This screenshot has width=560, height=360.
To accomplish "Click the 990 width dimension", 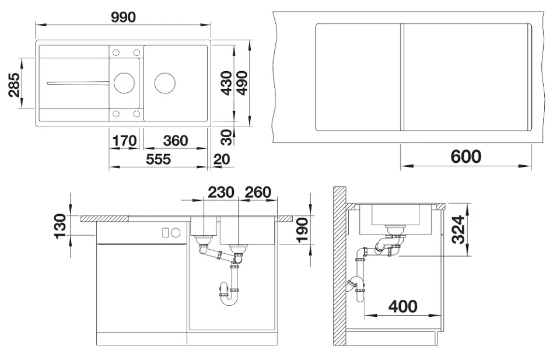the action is tap(123, 17).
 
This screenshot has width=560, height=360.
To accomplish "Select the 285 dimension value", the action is tap(14, 85).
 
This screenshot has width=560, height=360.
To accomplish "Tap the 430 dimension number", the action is tap(226, 83).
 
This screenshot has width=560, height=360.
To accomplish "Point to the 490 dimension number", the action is tap(242, 83).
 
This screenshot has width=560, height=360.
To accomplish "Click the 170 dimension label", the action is tap(124, 141).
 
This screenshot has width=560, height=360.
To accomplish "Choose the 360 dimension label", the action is tap(176, 141).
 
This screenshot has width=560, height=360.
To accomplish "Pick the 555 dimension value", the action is tap(158, 159).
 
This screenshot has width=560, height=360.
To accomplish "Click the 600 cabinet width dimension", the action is tap(466, 156).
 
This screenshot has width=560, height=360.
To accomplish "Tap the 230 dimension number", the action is tap(221, 192).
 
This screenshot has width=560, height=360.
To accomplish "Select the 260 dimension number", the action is tap(258, 192).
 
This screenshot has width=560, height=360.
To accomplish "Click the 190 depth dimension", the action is tap(302, 230).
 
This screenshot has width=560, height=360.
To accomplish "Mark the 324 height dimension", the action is tap(459, 229).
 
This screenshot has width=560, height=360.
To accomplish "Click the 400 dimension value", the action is tap(403, 306).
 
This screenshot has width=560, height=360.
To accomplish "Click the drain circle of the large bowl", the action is tap(165, 83).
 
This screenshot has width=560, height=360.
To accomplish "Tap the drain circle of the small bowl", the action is tap(124, 83).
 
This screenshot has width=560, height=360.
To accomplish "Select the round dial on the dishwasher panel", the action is tap(176, 233).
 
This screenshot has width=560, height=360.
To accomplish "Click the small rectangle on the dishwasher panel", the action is tap(165, 233).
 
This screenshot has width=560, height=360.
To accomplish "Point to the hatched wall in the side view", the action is tap(339, 266).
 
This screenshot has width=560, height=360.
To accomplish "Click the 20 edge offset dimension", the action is tap(222, 159).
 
